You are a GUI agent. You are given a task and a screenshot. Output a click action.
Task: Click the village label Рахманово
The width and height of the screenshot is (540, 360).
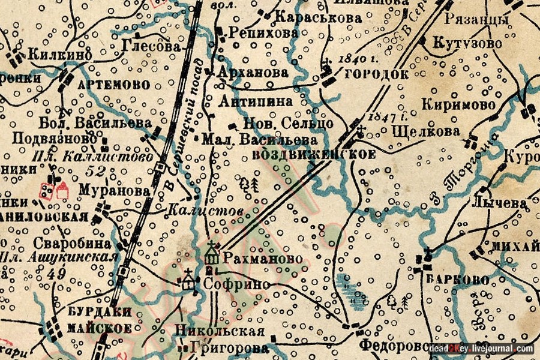tap(259, 260)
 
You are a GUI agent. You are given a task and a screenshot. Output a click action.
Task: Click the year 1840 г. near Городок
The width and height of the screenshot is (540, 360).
tap(353, 59)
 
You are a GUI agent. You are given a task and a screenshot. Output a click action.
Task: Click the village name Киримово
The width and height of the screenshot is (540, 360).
tap(458, 104)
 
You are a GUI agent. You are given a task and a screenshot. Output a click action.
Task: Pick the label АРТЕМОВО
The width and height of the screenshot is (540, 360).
tap(114, 85)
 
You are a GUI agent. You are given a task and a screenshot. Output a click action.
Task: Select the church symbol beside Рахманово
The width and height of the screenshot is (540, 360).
tap(211, 255)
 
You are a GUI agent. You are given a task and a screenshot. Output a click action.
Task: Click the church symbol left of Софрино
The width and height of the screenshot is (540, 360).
tap(188, 281)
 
